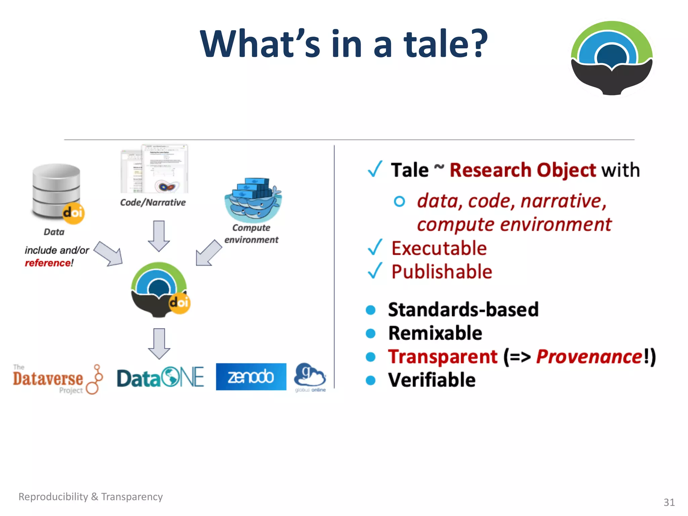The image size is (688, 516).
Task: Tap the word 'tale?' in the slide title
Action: click(x=445, y=44)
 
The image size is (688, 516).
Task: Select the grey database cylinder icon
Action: click(x=56, y=190)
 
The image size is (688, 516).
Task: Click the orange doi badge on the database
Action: click(x=73, y=213)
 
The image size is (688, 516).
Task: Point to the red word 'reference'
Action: click(x=48, y=263)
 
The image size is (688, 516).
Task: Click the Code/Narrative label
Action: click(x=153, y=203)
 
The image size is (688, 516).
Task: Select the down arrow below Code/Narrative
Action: click(x=159, y=236)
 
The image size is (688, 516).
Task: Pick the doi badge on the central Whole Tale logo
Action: click(x=179, y=303)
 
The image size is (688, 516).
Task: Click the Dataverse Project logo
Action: click(x=57, y=379)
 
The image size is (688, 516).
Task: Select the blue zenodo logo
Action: click(x=251, y=377)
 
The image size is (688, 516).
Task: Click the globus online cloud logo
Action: click(x=310, y=377)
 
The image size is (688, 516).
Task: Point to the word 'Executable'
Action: click(x=439, y=249)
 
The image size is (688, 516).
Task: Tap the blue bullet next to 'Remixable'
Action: click(x=371, y=333)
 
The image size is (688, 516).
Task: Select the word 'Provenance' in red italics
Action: click(x=589, y=356)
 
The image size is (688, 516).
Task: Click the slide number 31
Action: click(x=669, y=502)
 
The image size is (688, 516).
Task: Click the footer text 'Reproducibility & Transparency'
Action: click(x=90, y=497)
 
